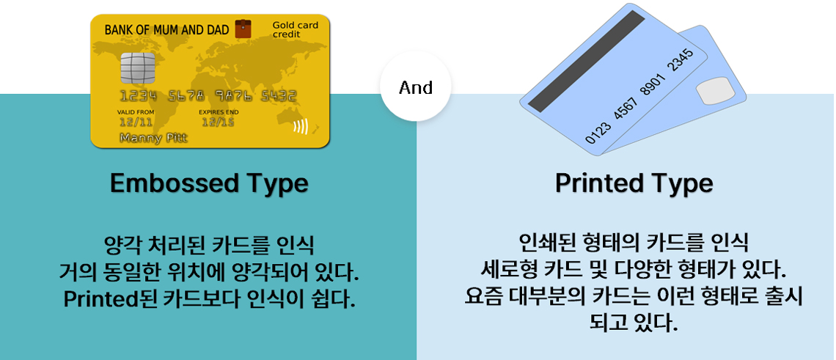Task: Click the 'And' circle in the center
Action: (x=416, y=87)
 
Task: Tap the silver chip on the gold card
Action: (x=138, y=69)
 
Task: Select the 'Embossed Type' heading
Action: (x=209, y=183)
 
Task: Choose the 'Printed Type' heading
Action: (x=634, y=183)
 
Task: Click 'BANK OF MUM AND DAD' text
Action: (x=166, y=30)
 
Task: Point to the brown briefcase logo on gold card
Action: (x=243, y=29)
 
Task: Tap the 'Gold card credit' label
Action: (x=295, y=30)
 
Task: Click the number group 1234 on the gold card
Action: (x=139, y=96)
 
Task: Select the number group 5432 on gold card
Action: (x=277, y=96)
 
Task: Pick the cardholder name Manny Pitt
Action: (x=153, y=138)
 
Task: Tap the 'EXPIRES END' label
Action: (x=219, y=112)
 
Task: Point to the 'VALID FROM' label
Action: (x=136, y=112)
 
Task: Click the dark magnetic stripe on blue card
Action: (x=583, y=61)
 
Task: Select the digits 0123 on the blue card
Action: (x=598, y=133)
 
